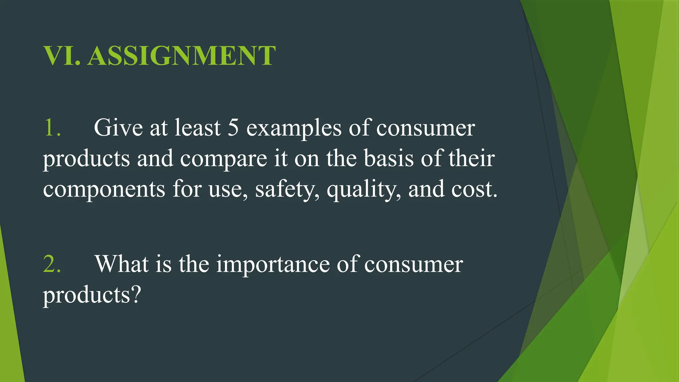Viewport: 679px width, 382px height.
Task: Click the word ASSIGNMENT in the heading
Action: [x=181, y=56]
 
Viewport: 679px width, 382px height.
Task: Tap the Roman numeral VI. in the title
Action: [x=62, y=56]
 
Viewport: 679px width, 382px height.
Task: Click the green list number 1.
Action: [x=52, y=128]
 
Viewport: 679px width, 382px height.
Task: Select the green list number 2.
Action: [x=52, y=264]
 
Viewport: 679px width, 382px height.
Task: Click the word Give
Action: [x=118, y=128]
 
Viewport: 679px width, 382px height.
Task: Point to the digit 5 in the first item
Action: [x=233, y=128]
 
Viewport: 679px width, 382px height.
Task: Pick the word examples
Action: [x=294, y=128]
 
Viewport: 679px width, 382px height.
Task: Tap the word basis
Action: [x=389, y=159]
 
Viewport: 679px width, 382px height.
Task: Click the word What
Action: [x=122, y=264]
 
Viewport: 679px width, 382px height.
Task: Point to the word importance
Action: [x=273, y=265]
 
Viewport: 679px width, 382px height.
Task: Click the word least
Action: [x=198, y=128]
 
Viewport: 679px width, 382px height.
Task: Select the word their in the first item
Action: [x=471, y=159]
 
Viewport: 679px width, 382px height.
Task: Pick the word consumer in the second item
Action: [x=413, y=265]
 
